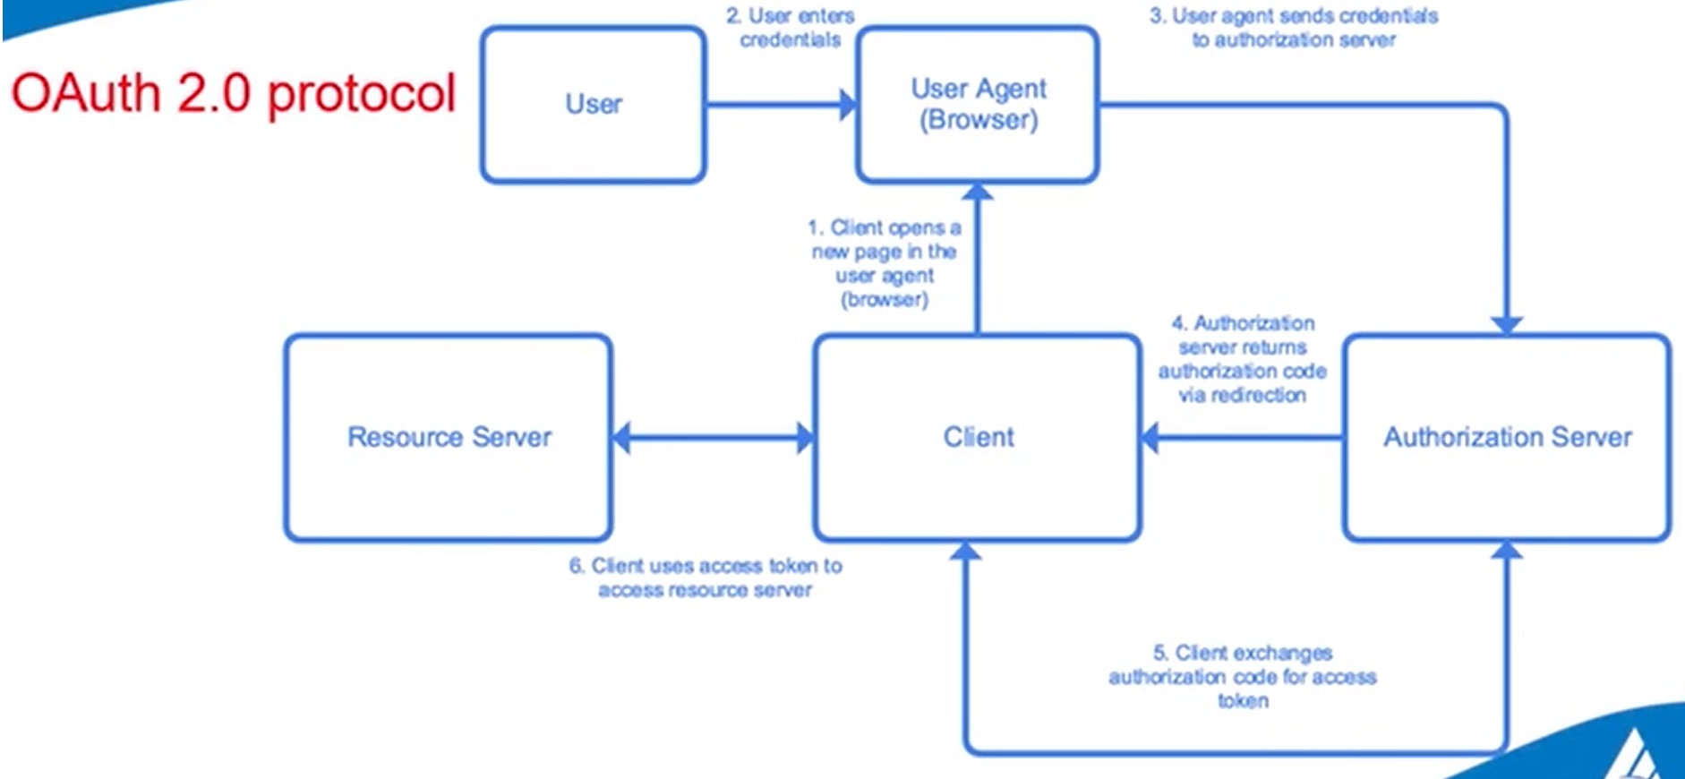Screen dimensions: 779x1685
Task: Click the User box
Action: [x=593, y=105]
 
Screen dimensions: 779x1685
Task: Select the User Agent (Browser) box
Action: [x=978, y=105]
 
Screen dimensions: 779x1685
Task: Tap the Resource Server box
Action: [x=449, y=437]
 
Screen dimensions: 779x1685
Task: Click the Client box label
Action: [x=978, y=437]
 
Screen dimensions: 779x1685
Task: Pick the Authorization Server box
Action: [x=1507, y=437]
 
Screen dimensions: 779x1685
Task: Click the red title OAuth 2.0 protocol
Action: [x=234, y=93]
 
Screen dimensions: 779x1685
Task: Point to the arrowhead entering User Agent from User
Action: [x=847, y=105]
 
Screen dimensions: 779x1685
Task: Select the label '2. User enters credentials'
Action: [x=790, y=28]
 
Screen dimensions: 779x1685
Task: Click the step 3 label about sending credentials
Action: [x=1294, y=28]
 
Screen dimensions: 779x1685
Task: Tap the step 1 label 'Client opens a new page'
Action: [x=885, y=263]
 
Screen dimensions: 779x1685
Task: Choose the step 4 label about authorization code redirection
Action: [x=1243, y=358]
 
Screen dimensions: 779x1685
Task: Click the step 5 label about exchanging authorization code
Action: [x=1243, y=676]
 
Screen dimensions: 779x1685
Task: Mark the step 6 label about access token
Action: [x=706, y=578]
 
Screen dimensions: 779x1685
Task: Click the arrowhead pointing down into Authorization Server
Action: [x=1507, y=324]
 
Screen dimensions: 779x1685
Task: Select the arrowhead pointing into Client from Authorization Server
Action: [x=1150, y=438]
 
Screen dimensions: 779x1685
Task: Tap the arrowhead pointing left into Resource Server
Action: [x=622, y=438]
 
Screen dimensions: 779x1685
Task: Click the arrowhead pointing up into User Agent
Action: [x=978, y=192]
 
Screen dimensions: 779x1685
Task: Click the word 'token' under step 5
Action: [x=1243, y=701]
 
